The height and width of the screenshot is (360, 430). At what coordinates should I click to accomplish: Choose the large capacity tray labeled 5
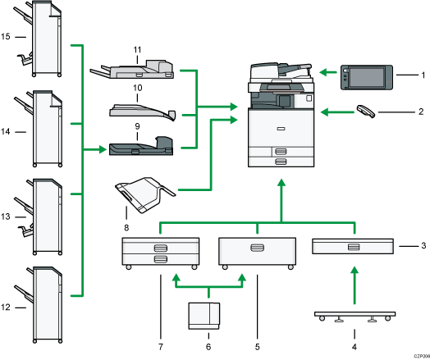click(x=257, y=251)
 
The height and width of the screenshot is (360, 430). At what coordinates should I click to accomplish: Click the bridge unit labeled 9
click(x=140, y=148)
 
